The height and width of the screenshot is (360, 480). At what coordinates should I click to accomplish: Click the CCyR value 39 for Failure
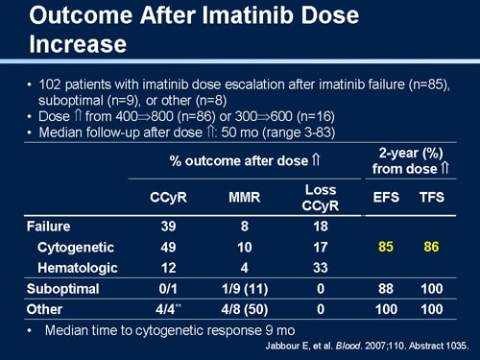point(168,227)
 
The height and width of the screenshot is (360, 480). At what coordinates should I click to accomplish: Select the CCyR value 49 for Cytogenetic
point(168,247)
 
